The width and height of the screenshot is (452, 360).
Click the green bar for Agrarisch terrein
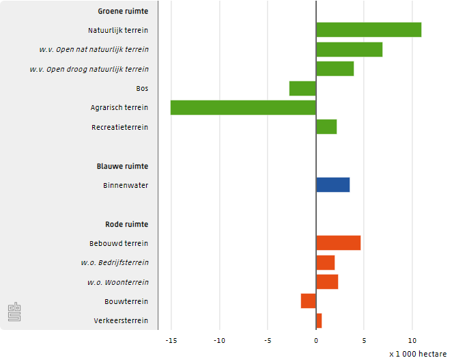[x=243, y=107]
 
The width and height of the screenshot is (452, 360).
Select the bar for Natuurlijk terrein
[x=369, y=30]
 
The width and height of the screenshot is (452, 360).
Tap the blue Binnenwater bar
[x=333, y=184]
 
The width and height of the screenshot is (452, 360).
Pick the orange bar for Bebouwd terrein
[x=338, y=243]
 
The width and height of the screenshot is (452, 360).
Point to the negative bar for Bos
[x=302, y=88]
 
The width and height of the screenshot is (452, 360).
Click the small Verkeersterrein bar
[x=319, y=320]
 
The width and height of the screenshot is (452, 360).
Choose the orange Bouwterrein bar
[x=309, y=301]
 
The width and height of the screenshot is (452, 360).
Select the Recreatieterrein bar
[x=326, y=127]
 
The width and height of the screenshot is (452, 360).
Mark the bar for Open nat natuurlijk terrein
[x=349, y=49]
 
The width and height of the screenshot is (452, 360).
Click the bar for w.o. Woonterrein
[x=327, y=281]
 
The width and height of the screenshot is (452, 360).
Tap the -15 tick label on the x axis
[x=171, y=340]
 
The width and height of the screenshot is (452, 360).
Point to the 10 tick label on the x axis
[x=412, y=340]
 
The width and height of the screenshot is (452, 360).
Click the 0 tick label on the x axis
[x=316, y=340]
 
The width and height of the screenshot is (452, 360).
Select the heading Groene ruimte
[x=123, y=11]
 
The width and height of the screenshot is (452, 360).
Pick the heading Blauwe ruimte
[x=122, y=166]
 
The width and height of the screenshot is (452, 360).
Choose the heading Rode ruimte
[x=126, y=224]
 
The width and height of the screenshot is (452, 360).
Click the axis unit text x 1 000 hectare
[x=418, y=354]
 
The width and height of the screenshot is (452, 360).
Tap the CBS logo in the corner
[x=14, y=312]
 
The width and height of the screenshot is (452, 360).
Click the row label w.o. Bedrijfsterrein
[x=115, y=262]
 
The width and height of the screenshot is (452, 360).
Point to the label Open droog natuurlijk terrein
[x=89, y=69]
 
